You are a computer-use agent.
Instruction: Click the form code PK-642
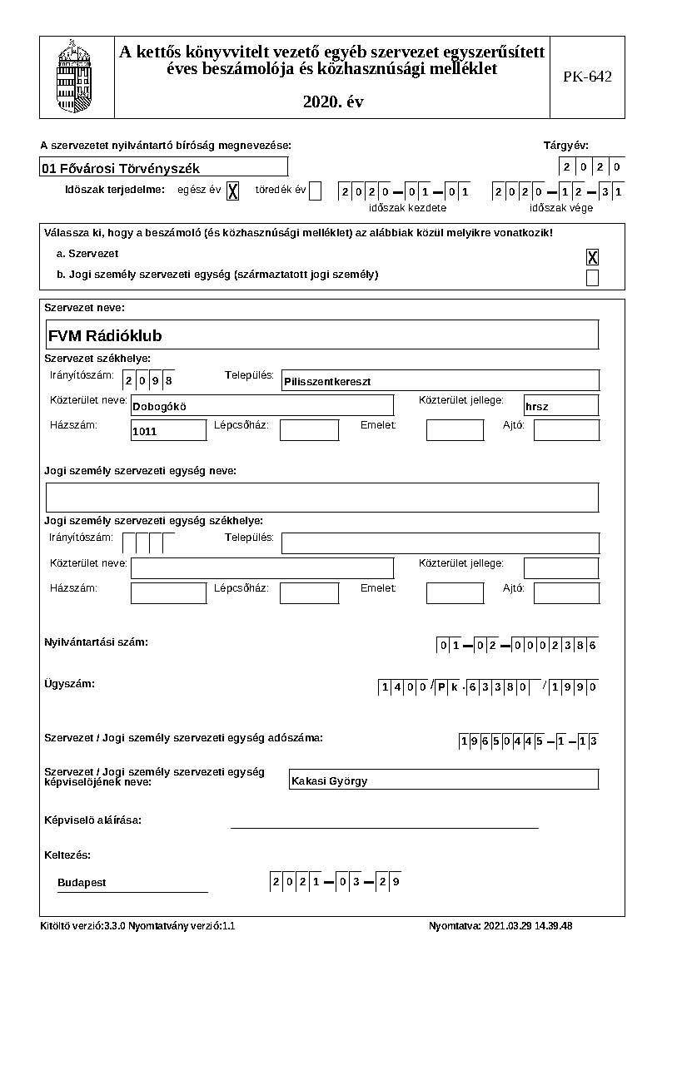(x=587, y=77)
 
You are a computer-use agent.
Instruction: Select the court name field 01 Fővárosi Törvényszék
(x=163, y=168)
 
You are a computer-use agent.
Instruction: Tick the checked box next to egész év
(x=232, y=191)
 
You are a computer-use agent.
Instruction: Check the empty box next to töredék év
(x=315, y=191)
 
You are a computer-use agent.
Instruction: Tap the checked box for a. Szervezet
(x=592, y=257)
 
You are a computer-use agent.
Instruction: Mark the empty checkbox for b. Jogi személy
(x=592, y=278)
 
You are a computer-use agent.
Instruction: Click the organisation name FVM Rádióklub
(x=106, y=336)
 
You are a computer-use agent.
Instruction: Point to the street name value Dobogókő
(x=160, y=407)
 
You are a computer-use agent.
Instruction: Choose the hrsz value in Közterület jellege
(x=537, y=407)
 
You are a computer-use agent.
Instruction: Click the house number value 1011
(x=145, y=432)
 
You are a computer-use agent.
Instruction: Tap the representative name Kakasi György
(x=330, y=781)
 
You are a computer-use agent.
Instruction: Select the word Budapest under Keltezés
(x=82, y=883)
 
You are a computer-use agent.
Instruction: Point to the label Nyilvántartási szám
(x=96, y=642)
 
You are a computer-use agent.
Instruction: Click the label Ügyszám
(x=69, y=684)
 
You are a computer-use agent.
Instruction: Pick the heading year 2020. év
(x=333, y=102)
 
